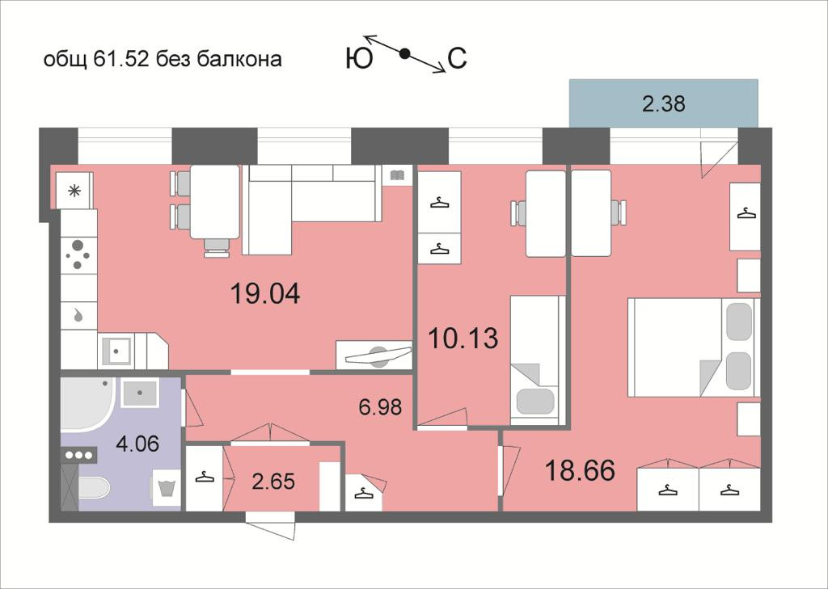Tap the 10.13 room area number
(463, 338)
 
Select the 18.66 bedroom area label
(580, 469)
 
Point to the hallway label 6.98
(380, 406)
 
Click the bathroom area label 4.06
(137, 444)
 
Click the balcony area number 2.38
(664, 103)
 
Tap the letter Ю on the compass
(358, 59)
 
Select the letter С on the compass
(457, 59)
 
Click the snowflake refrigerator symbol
(74, 191)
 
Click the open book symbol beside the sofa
(396, 175)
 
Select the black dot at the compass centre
(405, 54)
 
